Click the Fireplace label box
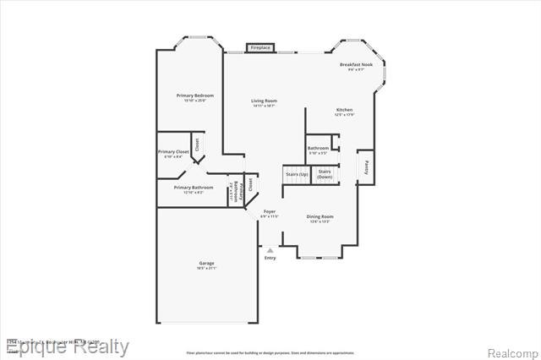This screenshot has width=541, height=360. pos(260,47)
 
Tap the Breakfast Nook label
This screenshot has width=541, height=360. pos(356,65)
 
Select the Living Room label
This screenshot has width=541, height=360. pos(264,101)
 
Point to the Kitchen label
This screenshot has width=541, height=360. pos(344,111)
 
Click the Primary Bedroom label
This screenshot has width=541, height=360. pos(194,95)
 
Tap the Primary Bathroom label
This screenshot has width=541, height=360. pos(193,188)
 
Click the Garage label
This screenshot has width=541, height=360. pos(207,264)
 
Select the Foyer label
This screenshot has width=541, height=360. pos(270,211)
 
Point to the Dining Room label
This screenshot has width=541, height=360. pos(320,216)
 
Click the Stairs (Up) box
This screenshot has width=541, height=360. pos(298,174)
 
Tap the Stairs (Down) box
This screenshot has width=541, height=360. pos(325,174)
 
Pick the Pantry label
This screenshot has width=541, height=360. pos(365,166)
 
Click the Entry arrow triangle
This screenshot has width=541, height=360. pos(270,250)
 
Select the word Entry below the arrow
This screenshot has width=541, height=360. pos(270,258)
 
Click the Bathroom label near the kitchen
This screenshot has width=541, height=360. pos(318,148)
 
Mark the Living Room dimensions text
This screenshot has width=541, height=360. pos(264,106)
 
